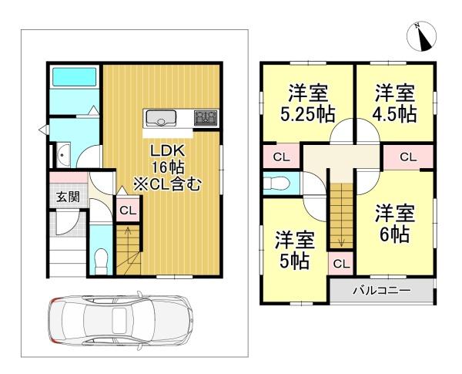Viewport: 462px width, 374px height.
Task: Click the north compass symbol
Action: (x=423, y=35)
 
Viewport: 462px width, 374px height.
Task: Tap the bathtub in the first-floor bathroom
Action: (x=73, y=79)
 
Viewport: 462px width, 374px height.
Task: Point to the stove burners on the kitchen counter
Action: (x=206, y=118)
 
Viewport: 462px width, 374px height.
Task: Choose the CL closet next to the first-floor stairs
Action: (x=127, y=210)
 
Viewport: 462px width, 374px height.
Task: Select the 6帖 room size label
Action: (x=395, y=230)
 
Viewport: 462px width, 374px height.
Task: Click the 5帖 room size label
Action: (x=295, y=261)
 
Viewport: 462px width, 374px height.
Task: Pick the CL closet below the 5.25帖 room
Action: (x=281, y=157)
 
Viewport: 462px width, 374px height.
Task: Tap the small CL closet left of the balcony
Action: (x=341, y=264)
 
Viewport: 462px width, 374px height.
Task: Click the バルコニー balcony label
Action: (x=382, y=291)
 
